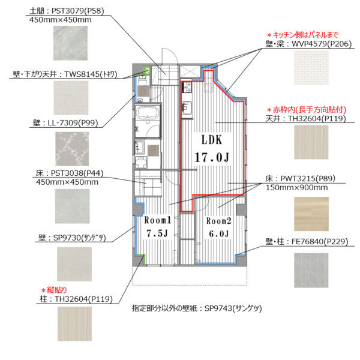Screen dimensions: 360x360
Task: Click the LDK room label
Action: [x=212, y=140]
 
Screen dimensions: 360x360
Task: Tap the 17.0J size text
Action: [x=212, y=157]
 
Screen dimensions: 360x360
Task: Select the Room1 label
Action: [x=158, y=220]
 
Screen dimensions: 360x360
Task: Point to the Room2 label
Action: [x=218, y=221]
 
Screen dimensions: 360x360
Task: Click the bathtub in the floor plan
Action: [x=147, y=113]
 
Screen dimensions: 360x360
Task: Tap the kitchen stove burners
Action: [x=187, y=88]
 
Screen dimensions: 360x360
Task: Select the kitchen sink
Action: [x=187, y=107]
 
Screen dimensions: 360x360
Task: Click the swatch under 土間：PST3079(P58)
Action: [x=70, y=43]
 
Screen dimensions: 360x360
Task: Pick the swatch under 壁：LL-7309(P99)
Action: [x=72, y=149]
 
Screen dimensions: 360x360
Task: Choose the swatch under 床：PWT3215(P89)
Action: [x=311, y=214]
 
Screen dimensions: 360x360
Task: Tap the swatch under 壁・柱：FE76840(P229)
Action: [x=311, y=270]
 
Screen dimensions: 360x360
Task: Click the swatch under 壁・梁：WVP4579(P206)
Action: [x=311, y=68]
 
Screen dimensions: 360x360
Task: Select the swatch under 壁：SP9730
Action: [x=74, y=264]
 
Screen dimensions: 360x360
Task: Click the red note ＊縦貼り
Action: [x=54, y=290]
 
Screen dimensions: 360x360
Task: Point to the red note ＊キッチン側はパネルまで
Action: [x=302, y=35]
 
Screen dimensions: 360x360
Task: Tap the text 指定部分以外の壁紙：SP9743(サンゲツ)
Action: [x=197, y=308]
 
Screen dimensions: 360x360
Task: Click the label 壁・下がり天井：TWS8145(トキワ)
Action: [x=65, y=74]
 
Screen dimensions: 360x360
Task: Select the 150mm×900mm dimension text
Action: [x=296, y=188]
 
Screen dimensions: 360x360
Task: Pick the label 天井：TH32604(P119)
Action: [x=305, y=118]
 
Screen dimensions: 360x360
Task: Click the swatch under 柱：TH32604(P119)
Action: [x=74, y=324]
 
